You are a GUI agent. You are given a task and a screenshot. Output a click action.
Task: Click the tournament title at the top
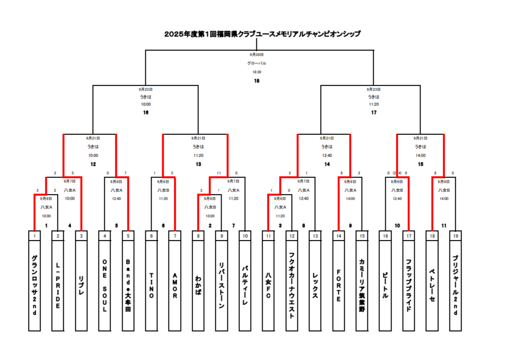pyautogui.click(x=262, y=34)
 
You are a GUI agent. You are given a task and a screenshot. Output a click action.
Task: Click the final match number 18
pyautogui.click(x=257, y=81)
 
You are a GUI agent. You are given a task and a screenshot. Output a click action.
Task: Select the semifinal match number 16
pyautogui.click(x=146, y=113)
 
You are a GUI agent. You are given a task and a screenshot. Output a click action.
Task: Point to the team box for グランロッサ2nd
pyautogui.click(x=34, y=285)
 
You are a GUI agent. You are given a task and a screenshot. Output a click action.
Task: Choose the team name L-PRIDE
pyautogui.click(x=58, y=285)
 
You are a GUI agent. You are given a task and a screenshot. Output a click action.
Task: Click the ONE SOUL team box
pyautogui.click(x=105, y=285)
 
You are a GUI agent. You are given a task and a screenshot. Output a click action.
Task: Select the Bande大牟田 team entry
pyautogui.click(x=128, y=285)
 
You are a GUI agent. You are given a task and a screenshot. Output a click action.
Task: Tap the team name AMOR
pyautogui.click(x=175, y=285)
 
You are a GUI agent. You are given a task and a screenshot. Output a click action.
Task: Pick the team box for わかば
pyautogui.click(x=198, y=285)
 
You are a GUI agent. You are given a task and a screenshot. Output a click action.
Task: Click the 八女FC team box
pyautogui.click(x=268, y=285)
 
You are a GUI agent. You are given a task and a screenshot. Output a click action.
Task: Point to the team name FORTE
pyautogui.click(x=338, y=285)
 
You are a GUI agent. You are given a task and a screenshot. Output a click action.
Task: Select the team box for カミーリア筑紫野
pyautogui.click(x=362, y=285)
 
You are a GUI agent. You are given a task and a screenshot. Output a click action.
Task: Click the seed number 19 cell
pyautogui.click(x=455, y=236)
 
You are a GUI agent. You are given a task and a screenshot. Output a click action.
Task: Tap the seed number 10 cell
pyautogui.click(x=245, y=236)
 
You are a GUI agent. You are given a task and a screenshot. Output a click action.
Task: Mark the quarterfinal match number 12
pyautogui.click(x=93, y=164)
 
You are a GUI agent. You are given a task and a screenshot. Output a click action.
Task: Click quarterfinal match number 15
pyautogui.click(x=421, y=164)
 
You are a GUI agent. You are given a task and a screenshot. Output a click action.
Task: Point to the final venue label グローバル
pyautogui.click(x=257, y=63)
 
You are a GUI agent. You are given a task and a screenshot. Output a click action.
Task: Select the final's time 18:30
pyautogui.click(x=257, y=72)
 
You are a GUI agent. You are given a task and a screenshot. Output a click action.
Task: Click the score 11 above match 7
pyautogui.click(x=219, y=173)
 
